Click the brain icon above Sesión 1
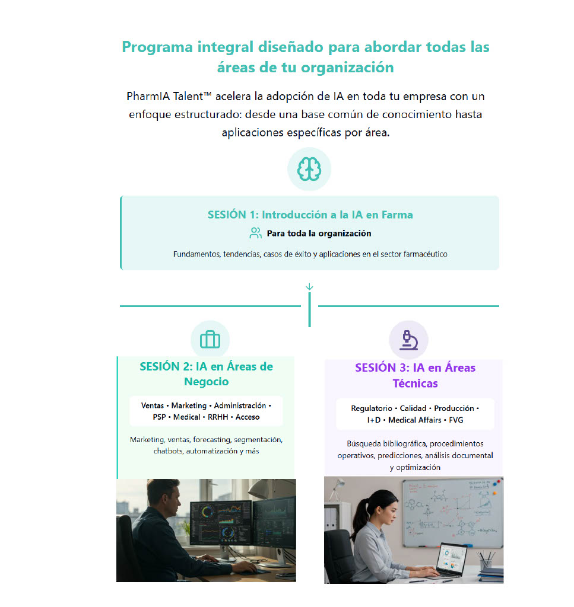pyautogui.click(x=309, y=169)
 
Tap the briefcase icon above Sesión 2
pyautogui.click(x=210, y=340)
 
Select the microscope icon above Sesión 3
pyautogui.click(x=409, y=340)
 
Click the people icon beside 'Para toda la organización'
pyautogui.click(x=255, y=233)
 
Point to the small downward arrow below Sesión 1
pyautogui.click(x=309, y=287)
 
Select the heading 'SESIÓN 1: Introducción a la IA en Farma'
pyautogui.click(x=310, y=215)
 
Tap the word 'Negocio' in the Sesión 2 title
pyautogui.click(x=206, y=382)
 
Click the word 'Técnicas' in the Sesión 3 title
pyautogui.click(x=415, y=384)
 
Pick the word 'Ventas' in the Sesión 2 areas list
pyautogui.click(x=153, y=405)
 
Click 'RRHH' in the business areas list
pyautogui.click(x=218, y=417)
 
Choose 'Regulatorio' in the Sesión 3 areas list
pyautogui.click(x=372, y=408)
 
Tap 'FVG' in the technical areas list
pyautogui.click(x=456, y=420)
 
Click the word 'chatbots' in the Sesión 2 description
pyautogui.click(x=168, y=451)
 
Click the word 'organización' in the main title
pyautogui.click(x=347, y=68)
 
